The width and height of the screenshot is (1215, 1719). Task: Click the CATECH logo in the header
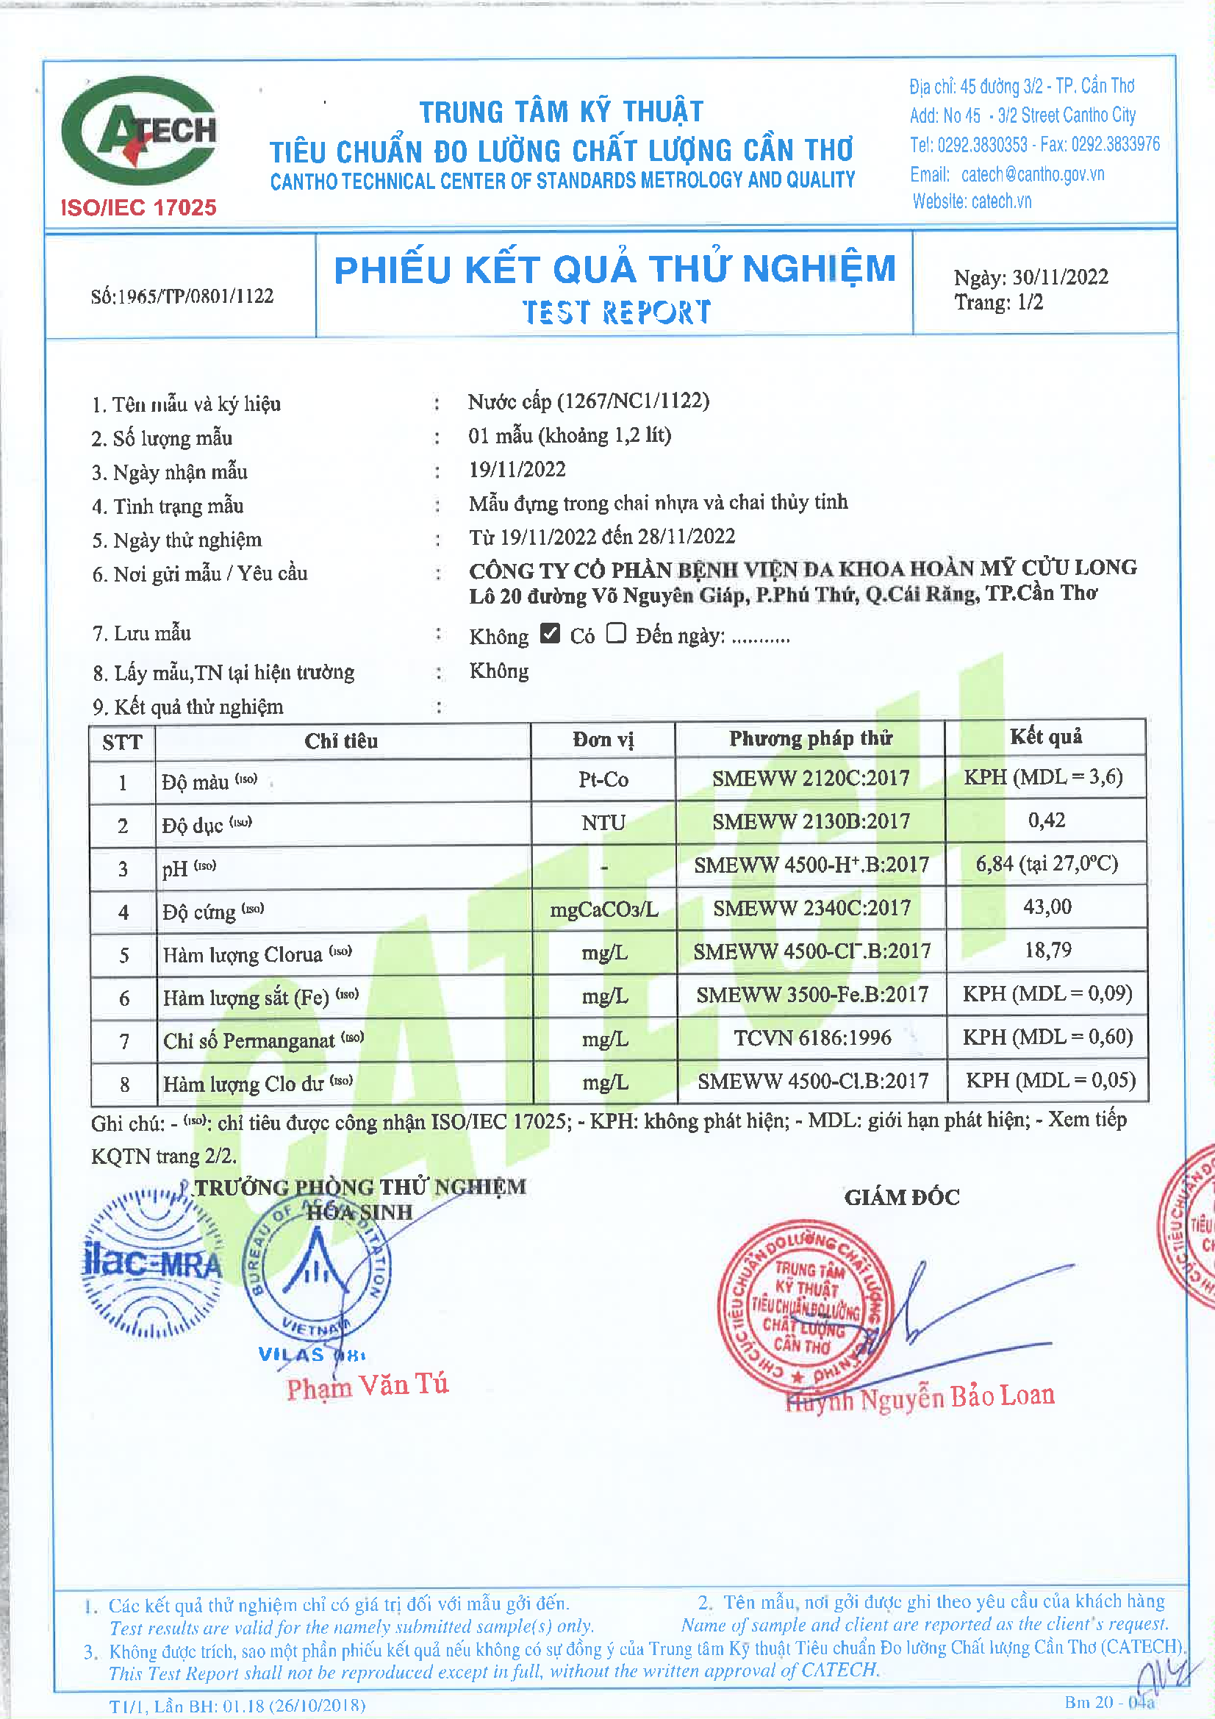coord(139,132)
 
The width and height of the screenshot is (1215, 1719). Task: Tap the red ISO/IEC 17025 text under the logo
coord(138,207)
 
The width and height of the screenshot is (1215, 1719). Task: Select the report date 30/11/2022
coord(1060,277)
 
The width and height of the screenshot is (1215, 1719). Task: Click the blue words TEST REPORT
coord(616,312)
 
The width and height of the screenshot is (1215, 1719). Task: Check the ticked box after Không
coord(551,633)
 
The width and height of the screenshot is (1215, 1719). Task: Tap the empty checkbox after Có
coord(615,633)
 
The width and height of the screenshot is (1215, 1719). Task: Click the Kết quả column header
coord(1046,737)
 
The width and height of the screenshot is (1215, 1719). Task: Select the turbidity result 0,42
coord(1046,821)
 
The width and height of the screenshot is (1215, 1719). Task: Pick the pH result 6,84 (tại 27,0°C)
coord(1046,864)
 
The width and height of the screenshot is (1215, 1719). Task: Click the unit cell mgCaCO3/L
coord(603,909)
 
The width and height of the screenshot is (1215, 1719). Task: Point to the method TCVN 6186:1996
coord(811,1037)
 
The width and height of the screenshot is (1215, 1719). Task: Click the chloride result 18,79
coord(1047,951)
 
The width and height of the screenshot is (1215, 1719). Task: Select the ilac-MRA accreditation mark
coord(152,1264)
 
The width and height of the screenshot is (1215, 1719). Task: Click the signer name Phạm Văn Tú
coord(367,1385)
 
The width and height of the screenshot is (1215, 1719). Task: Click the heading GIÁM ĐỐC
coord(901,1197)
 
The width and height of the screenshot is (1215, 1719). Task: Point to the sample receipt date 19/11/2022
coord(517,469)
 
